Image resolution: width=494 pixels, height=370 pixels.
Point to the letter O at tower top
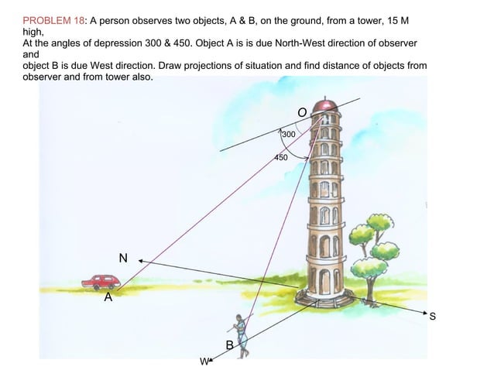click(303, 113)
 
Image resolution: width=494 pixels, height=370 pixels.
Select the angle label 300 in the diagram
click(288, 135)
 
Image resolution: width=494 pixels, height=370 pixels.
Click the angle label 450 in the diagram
click(280, 158)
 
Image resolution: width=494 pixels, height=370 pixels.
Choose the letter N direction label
click(123, 257)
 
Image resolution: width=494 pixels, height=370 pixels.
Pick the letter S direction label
click(433, 317)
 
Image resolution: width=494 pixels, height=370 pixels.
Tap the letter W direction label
click(203, 361)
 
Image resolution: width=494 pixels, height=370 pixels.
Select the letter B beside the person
click(229, 344)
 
